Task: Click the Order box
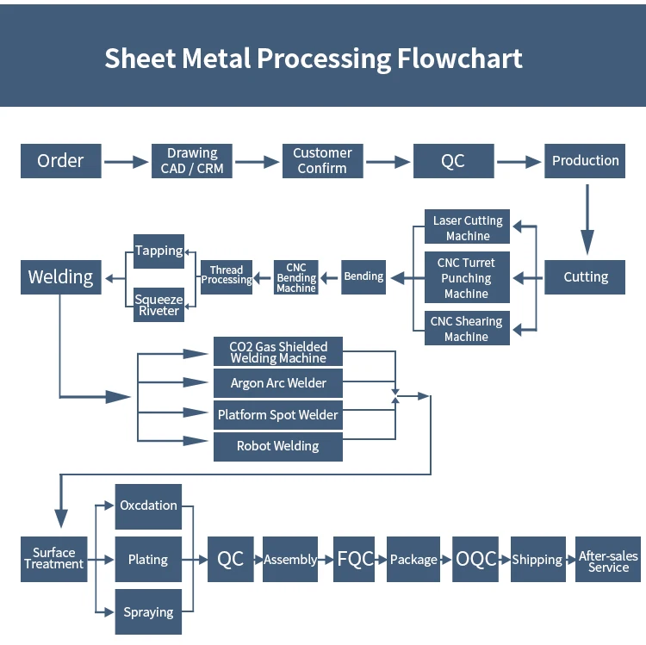point(61,161)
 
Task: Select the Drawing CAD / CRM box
point(192,161)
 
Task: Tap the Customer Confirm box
point(323,161)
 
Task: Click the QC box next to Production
point(454,161)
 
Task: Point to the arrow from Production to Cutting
point(587,219)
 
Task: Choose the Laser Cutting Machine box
point(467,226)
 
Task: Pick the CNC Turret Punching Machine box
point(467,277)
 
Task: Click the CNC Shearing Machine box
point(467,328)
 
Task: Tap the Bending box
point(363,277)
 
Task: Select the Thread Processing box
point(227,277)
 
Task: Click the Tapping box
point(159,251)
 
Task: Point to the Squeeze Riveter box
point(159,305)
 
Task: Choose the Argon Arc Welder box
point(278,383)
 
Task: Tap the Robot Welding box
point(278,446)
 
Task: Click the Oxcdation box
point(148,506)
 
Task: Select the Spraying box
point(148,611)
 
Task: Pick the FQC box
point(354,560)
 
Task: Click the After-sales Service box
point(608,560)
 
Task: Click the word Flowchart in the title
point(460,58)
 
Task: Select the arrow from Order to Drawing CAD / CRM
point(126,162)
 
